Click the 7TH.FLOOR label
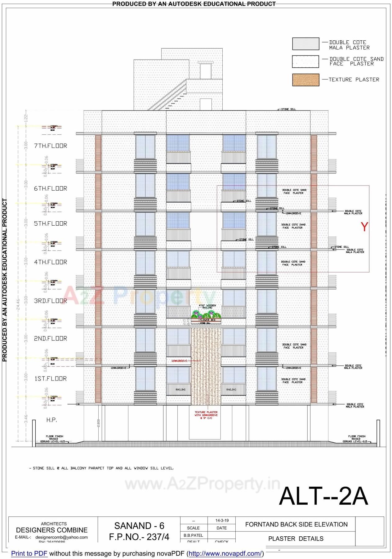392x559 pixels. pyautogui.click(x=51, y=146)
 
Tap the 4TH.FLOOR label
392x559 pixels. pyautogui.click(x=51, y=262)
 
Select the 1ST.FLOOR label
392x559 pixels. pyautogui.click(x=51, y=379)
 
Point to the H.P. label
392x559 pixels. pyautogui.click(x=51, y=420)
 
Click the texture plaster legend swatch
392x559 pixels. pyautogui.click(x=305, y=80)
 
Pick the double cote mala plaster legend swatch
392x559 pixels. pyautogui.click(x=305, y=44)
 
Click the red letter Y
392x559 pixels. pyautogui.click(x=364, y=227)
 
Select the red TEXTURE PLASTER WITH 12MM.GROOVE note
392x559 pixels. pyautogui.click(x=206, y=415)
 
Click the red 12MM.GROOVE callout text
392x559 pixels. pyautogui.click(x=179, y=361)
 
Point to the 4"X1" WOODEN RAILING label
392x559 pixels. pyautogui.click(x=207, y=306)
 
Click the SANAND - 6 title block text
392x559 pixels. pyautogui.click(x=139, y=526)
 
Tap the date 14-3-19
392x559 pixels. pyautogui.click(x=222, y=521)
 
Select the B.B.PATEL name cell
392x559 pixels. pyautogui.click(x=193, y=535)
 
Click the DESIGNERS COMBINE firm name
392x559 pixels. pyautogui.click(x=52, y=530)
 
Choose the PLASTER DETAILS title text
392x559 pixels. pyautogui.click(x=296, y=539)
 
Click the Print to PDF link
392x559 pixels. pyautogui.click(x=29, y=553)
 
